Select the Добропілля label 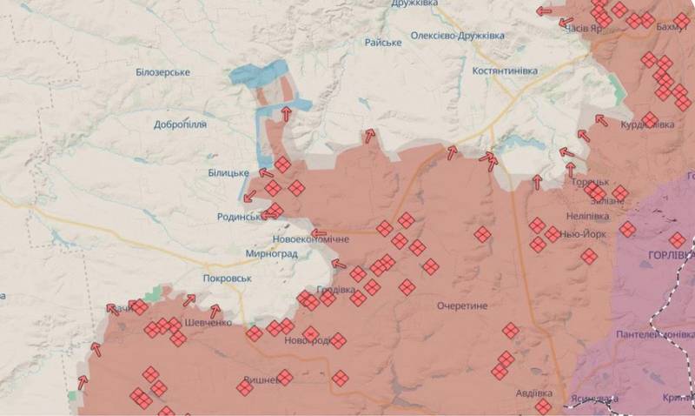[x=180, y=124]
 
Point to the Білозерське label [x=162, y=71]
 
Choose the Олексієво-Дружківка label [x=469, y=36]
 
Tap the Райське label [x=383, y=42]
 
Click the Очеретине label [x=463, y=305]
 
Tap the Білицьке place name [x=229, y=173]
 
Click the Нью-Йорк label [x=583, y=234]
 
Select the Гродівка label [x=336, y=289]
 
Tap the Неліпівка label [x=590, y=218]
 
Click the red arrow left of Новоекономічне [x=319, y=232]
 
